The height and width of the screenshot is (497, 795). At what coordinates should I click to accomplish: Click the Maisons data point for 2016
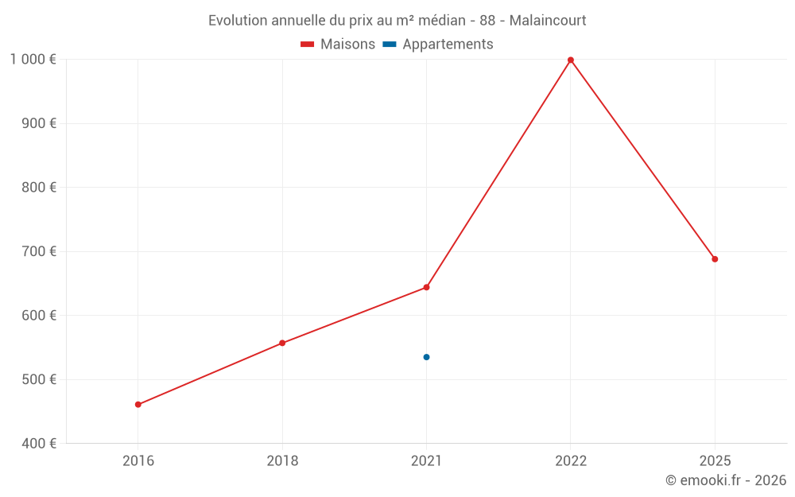138,405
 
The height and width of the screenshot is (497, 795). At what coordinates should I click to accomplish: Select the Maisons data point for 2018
282,344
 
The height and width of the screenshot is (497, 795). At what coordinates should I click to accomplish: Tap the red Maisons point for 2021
427,287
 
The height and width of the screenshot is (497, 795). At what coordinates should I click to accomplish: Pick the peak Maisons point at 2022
571,60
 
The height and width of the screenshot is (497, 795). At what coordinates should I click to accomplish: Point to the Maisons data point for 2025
715,259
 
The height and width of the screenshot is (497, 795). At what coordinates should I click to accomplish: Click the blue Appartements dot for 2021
427,357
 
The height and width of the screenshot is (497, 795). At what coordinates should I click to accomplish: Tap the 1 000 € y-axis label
33,60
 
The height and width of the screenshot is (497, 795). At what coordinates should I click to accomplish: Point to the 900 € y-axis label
38,123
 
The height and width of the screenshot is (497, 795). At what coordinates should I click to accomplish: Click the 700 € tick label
38,251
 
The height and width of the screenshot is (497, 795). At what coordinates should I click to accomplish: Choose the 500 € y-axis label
38,379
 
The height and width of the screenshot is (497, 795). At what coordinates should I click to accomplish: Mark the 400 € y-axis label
38,443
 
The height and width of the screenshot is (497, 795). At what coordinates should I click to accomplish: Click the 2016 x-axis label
138,461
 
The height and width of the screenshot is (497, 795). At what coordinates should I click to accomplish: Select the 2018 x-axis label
282,461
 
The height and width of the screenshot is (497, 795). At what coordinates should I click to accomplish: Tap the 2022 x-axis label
571,461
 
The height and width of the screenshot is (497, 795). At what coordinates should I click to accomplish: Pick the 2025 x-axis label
715,461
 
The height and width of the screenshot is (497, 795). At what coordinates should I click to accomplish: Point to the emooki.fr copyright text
726,480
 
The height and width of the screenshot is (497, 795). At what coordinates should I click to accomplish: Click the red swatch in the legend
308,45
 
